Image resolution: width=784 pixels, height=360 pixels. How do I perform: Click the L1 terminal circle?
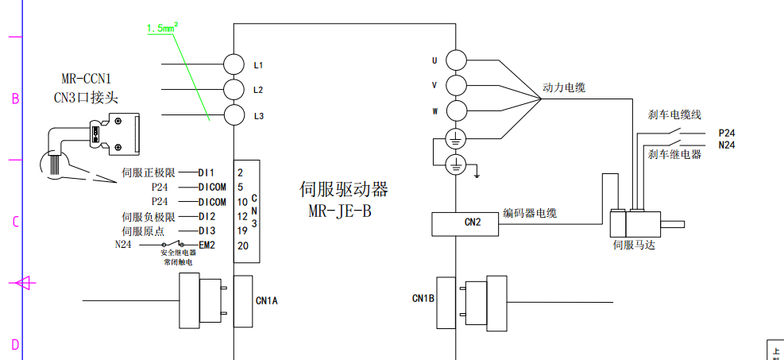coord(234,63)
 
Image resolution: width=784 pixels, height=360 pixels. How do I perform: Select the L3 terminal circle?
coord(234,114)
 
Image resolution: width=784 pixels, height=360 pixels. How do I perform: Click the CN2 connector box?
coord(465,224)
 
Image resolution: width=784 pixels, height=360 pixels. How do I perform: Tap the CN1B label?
coord(423,299)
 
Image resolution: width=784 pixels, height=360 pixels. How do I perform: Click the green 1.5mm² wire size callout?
coord(162,29)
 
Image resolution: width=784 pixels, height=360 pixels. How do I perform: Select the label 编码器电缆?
coord(530,213)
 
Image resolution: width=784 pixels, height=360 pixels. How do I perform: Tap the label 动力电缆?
coord(564,87)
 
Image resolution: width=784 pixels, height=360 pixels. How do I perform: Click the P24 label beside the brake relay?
coord(727,134)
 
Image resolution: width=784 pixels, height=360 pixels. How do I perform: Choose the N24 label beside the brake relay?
coord(727,145)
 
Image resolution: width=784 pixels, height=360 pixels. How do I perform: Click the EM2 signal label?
coord(207,245)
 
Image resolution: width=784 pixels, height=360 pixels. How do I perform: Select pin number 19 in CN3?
coord(242,230)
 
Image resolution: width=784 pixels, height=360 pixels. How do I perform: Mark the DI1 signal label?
coord(207,172)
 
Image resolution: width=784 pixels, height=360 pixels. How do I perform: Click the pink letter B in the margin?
coord(14,99)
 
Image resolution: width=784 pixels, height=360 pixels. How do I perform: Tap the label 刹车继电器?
coord(675,154)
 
